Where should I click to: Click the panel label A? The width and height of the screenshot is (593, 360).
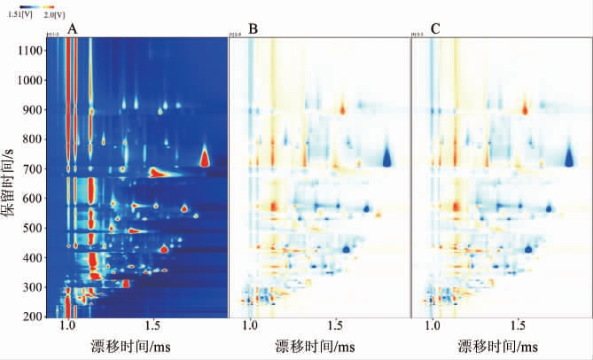73,29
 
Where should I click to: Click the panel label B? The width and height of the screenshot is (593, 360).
254,29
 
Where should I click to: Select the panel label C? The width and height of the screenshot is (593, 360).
435,29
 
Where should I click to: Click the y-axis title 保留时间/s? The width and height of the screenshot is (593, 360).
11,182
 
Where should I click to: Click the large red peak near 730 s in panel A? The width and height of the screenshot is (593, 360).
205,158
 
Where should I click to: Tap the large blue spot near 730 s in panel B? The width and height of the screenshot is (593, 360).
387,157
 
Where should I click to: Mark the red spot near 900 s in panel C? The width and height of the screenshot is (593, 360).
525,109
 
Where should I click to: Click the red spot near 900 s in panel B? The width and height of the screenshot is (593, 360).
342,109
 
